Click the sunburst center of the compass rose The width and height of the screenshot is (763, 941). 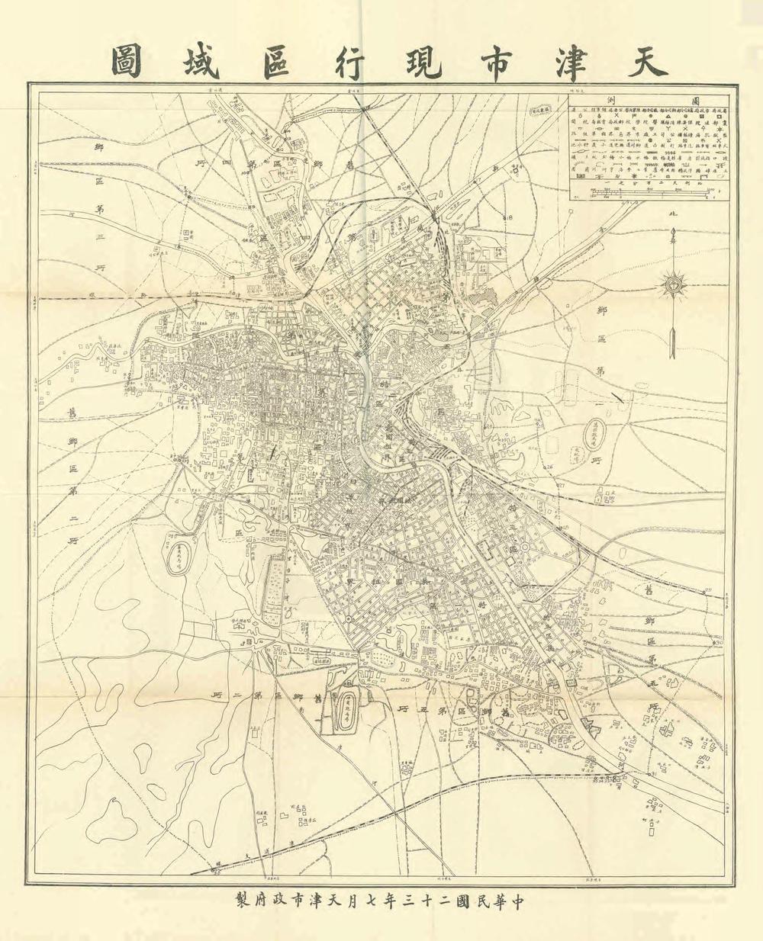pyautogui.click(x=673, y=285)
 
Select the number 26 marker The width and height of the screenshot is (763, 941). pyautogui.click(x=547, y=466)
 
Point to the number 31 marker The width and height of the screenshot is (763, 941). pyautogui.click(x=653, y=775)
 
